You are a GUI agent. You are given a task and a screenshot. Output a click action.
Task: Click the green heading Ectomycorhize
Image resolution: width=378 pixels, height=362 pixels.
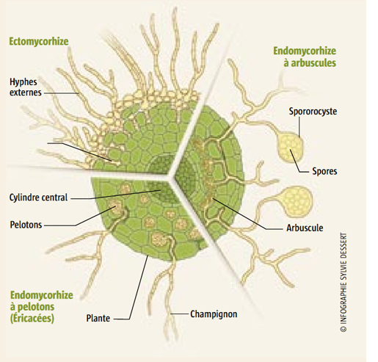[x=39, y=41]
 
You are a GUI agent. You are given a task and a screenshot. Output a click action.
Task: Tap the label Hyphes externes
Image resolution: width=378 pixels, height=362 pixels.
[x=26, y=87]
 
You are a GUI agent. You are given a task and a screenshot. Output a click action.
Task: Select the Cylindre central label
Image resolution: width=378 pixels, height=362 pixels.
[x=38, y=198]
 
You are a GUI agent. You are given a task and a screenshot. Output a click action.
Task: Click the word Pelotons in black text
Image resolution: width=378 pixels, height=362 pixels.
[x=26, y=225]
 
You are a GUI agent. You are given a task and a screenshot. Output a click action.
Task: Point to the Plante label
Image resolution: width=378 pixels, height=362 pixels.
[x=98, y=318]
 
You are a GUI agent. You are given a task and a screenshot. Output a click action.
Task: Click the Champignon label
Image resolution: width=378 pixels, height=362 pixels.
[x=214, y=314]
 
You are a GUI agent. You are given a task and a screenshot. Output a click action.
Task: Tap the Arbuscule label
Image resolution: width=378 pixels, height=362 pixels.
[x=305, y=228]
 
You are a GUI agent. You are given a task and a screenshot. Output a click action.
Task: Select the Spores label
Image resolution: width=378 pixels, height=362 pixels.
[x=324, y=171]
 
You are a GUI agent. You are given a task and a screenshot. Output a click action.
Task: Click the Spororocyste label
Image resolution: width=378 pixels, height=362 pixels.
[x=313, y=112]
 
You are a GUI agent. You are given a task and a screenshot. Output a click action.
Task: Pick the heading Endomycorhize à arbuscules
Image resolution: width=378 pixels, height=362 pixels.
[x=305, y=57]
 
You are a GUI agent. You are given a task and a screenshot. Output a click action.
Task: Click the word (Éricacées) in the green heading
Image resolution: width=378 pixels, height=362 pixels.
[x=32, y=319]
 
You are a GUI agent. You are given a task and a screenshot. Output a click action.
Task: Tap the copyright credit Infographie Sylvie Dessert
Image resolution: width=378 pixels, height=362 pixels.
[x=344, y=282]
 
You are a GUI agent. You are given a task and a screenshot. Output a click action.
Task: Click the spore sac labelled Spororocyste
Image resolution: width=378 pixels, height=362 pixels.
[x=290, y=146]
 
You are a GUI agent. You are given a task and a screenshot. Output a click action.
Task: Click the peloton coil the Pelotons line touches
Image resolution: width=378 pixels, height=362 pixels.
[x=115, y=206]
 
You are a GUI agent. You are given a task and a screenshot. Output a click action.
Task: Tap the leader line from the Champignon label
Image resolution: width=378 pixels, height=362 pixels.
[x=180, y=314]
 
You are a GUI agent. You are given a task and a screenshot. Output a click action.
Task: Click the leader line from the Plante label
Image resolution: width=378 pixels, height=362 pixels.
[x=137, y=289]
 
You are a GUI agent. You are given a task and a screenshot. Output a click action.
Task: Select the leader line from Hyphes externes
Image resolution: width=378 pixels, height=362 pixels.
[x=61, y=93]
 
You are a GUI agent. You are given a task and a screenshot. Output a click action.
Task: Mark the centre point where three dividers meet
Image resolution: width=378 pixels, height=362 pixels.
[x=170, y=175]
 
